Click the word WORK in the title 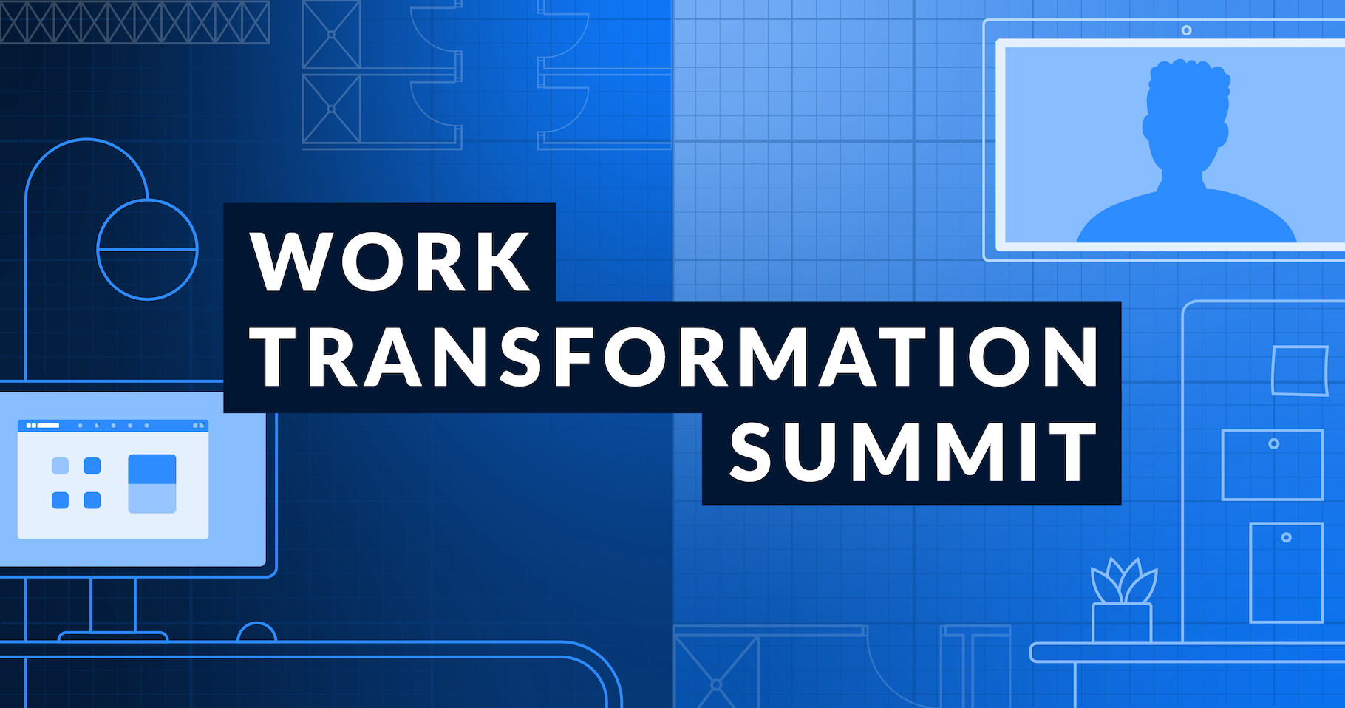[x=390, y=262]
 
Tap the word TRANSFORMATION [x=675, y=357]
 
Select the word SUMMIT [x=913, y=452]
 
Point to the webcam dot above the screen [x=1186, y=30]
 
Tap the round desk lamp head [x=148, y=249]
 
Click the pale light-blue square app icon [x=60, y=466]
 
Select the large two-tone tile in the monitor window [x=152, y=483]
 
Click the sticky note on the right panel [x=1299, y=370]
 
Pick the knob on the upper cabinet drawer [x=1273, y=444]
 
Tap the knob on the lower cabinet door [x=1286, y=538]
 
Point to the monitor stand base [x=113, y=636]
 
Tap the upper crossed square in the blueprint [x=331, y=35]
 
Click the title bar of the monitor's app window [x=113, y=426]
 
